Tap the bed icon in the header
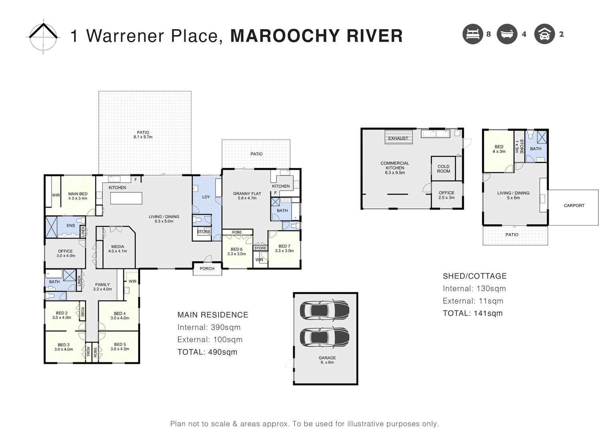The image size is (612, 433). [x=472, y=34]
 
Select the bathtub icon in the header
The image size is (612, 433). [x=507, y=34]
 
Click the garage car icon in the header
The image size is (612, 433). [x=544, y=34]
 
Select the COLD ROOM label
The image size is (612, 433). [x=443, y=169]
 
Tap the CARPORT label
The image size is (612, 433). [x=574, y=206]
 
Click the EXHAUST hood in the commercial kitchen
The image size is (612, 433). [x=398, y=136]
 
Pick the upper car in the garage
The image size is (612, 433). [x=324, y=309]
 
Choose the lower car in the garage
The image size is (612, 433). [x=324, y=337]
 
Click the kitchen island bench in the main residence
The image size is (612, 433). [x=126, y=198]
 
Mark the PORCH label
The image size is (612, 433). [x=207, y=269]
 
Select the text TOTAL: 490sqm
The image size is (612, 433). [x=207, y=352]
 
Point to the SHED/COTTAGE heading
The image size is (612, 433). [x=474, y=276]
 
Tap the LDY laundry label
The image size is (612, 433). [x=206, y=197]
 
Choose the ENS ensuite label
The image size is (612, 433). [x=71, y=225]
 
